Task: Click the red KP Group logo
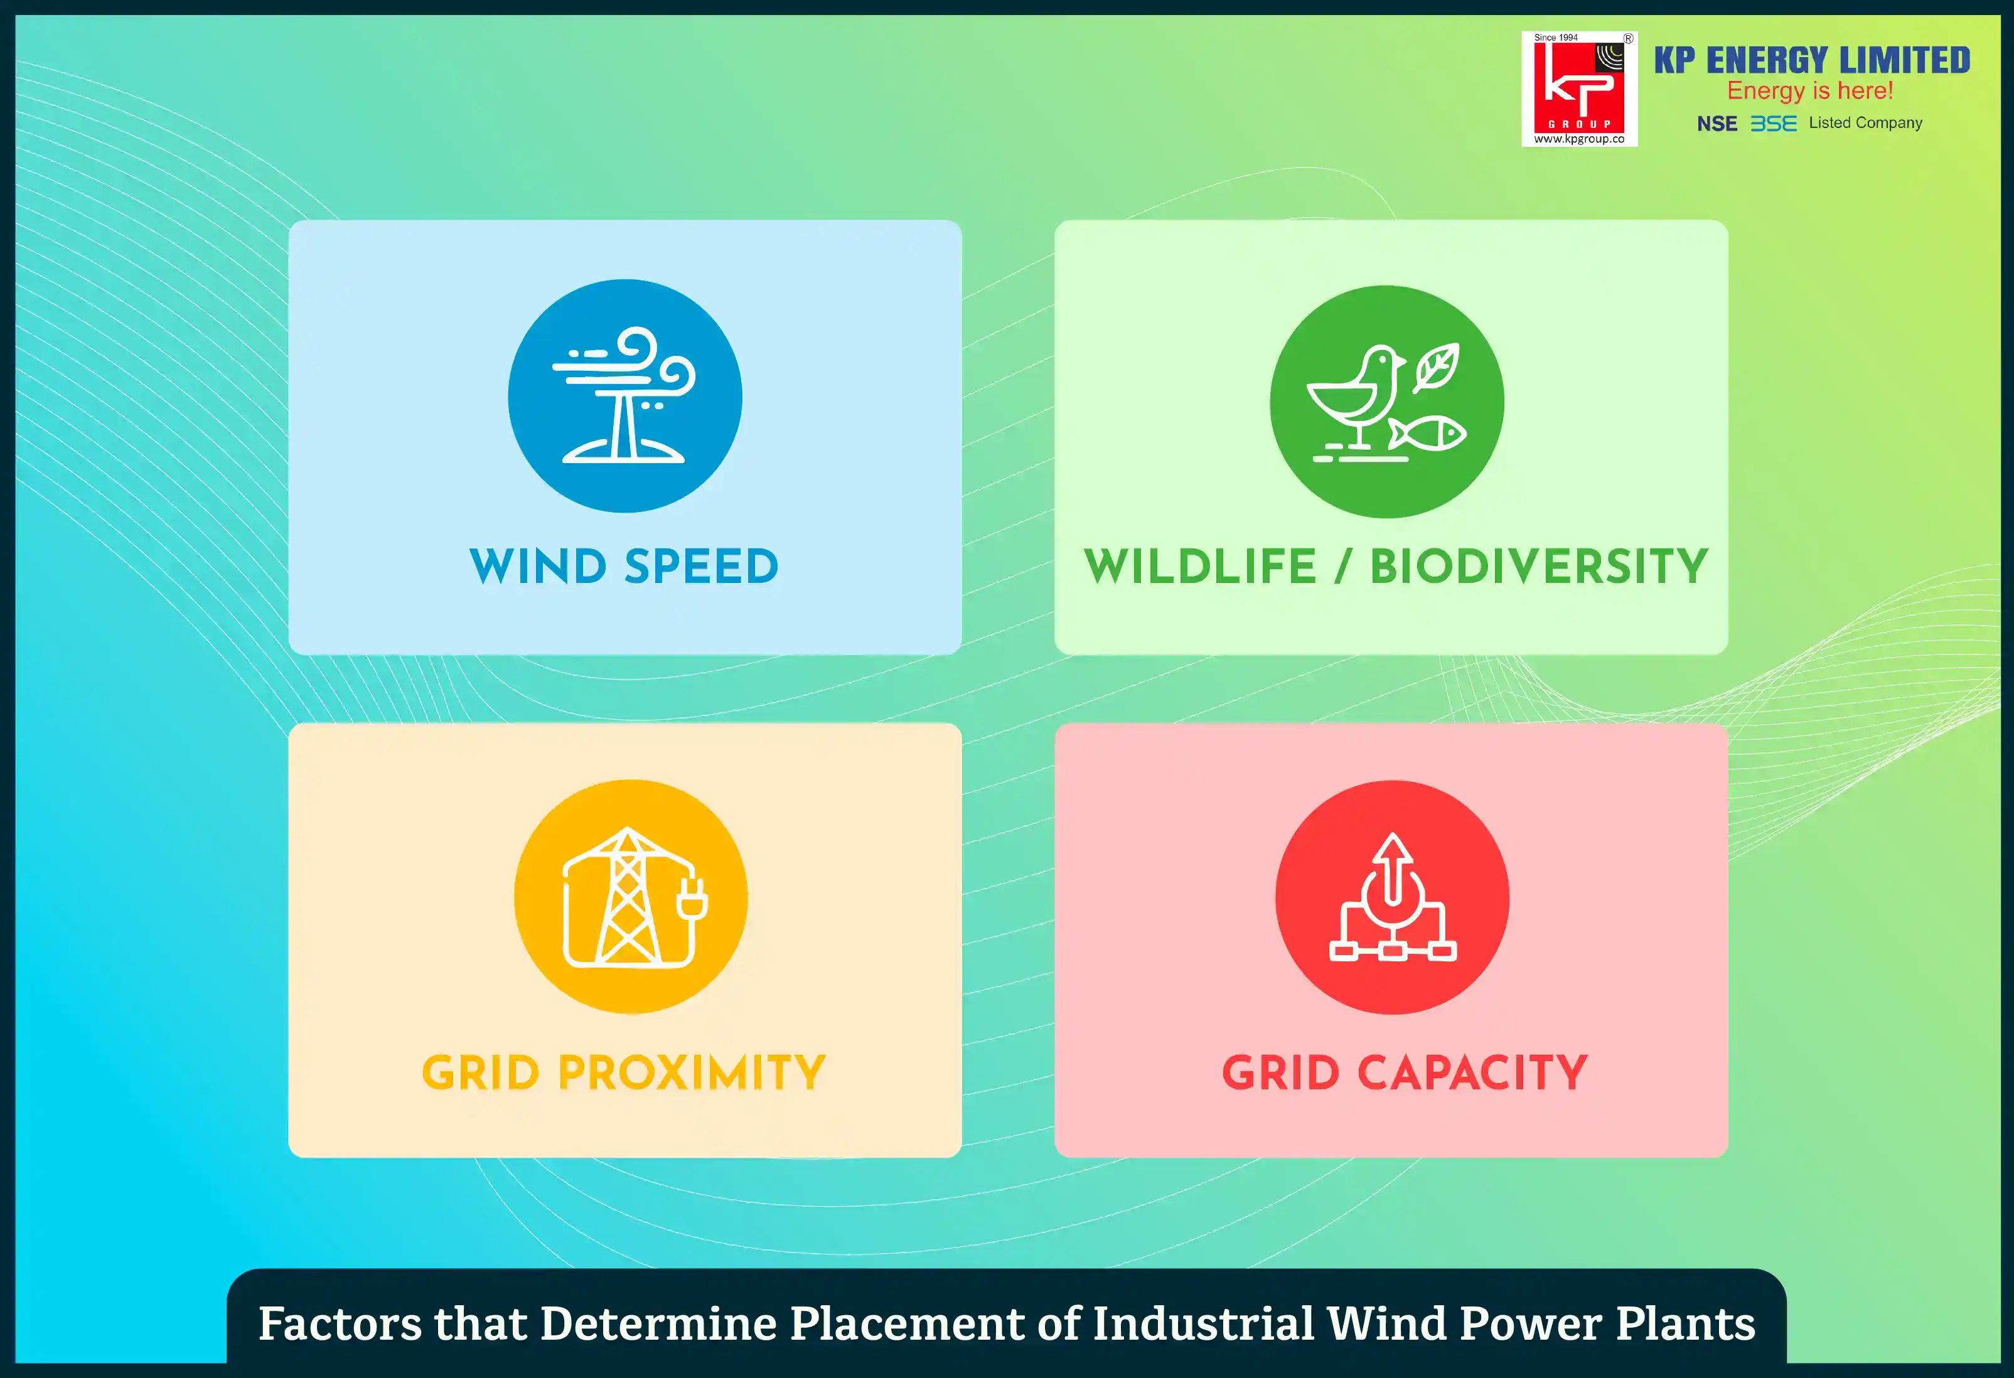1579,89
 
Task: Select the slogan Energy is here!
1809,91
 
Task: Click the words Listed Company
1865,123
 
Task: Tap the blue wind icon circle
625,396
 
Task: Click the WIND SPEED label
624,567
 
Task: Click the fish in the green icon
1427,434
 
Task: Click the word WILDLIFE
1200,567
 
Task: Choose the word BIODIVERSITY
1539,567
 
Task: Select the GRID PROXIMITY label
624,1073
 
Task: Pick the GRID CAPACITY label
1405,1073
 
